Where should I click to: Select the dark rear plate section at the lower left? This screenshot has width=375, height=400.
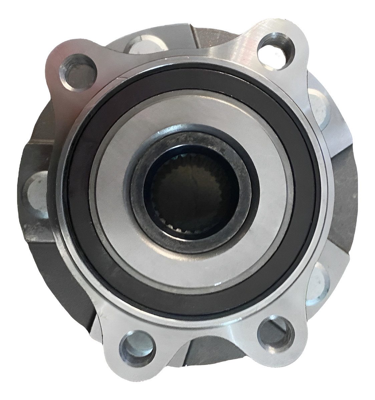tap(57, 267)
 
